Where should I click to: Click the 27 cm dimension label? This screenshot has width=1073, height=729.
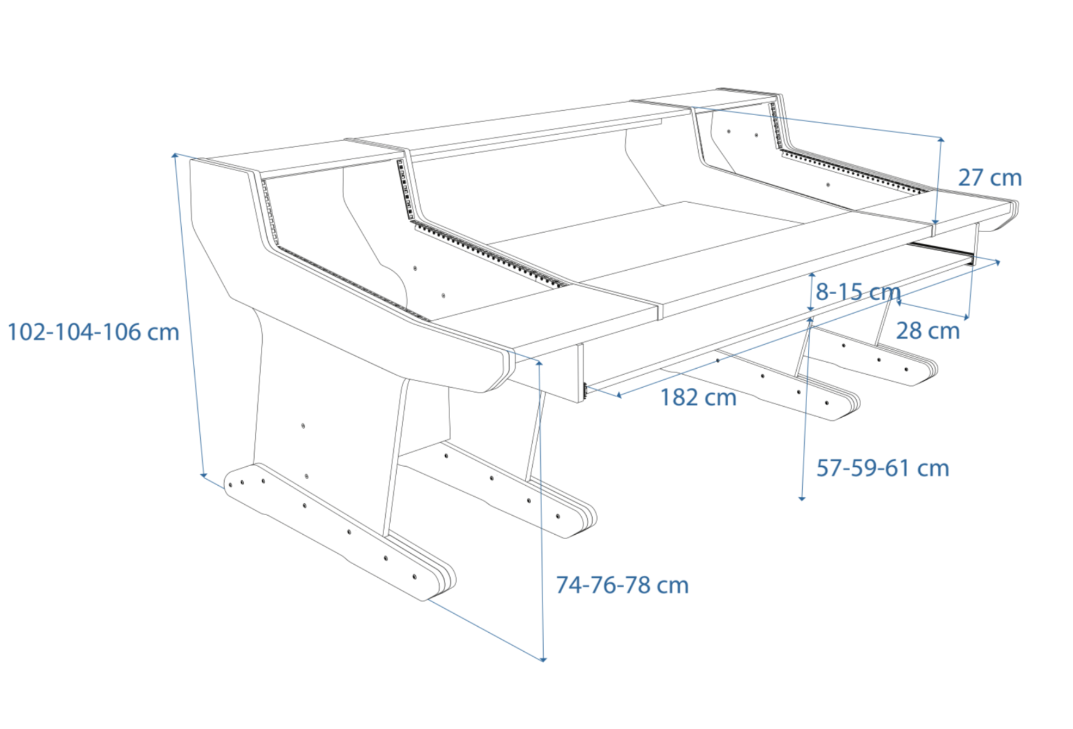pyautogui.click(x=990, y=178)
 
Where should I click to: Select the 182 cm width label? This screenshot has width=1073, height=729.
pyautogui.click(x=698, y=398)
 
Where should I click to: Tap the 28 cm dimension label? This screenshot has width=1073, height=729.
pyautogui.click(x=927, y=331)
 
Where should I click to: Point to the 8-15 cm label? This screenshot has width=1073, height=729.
pyautogui.click(x=857, y=292)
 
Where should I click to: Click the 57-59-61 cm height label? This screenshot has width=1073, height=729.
pyautogui.click(x=883, y=468)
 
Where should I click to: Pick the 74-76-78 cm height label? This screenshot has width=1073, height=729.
pyautogui.click(x=622, y=585)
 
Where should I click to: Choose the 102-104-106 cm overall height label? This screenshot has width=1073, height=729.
pyautogui.click(x=93, y=332)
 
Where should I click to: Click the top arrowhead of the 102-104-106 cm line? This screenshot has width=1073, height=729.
pyautogui.click(x=175, y=154)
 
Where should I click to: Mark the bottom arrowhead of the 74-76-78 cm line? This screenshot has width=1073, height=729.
pyautogui.click(x=543, y=659)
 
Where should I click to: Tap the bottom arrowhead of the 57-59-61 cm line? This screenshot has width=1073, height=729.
pyautogui.click(x=802, y=499)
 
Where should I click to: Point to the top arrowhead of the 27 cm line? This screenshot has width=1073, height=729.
pyautogui.click(x=941, y=139)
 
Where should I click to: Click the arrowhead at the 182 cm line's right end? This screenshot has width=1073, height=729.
pyautogui.click(x=998, y=262)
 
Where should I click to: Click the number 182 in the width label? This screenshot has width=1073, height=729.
pyautogui.click(x=679, y=398)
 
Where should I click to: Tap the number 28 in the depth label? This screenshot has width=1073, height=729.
pyautogui.click(x=909, y=331)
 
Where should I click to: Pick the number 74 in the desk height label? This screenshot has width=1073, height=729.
pyautogui.click(x=568, y=585)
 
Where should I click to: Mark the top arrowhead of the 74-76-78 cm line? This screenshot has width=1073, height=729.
pyautogui.click(x=539, y=363)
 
